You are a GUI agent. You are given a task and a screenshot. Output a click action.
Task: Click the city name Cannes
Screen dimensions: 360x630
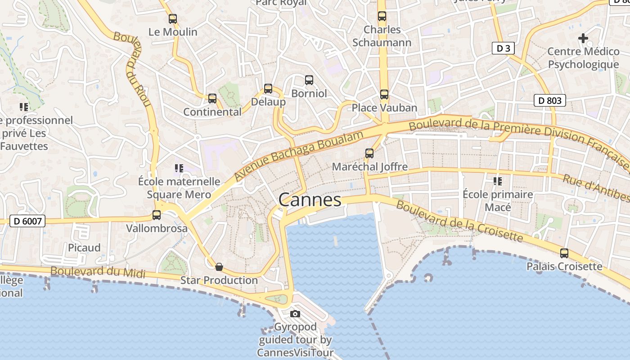coord(310,200)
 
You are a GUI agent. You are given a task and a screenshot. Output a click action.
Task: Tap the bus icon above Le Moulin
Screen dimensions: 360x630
coord(173,19)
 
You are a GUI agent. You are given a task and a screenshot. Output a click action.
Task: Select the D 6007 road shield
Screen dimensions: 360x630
coord(27,221)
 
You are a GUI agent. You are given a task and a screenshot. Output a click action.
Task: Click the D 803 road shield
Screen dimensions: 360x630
coord(549,100)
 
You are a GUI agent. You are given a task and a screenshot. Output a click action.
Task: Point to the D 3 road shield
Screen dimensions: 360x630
coord(503,48)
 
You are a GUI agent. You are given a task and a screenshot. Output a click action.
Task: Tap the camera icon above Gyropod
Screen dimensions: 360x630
coord(295,314)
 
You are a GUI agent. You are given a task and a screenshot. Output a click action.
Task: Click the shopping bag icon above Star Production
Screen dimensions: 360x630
coord(219,267)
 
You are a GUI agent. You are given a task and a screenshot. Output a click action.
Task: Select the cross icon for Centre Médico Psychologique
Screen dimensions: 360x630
coord(583,38)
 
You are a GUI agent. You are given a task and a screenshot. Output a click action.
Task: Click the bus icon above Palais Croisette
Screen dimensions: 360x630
coord(564,253)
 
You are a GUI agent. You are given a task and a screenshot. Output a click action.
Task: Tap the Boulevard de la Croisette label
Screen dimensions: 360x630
coord(459,221)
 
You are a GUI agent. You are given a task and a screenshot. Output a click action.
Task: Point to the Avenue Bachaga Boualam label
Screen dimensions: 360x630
coord(299,156)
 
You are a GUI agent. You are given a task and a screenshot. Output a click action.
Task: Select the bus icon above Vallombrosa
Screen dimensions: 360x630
coord(157,215)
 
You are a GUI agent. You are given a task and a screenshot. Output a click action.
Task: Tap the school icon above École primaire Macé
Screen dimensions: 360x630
coord(498,181)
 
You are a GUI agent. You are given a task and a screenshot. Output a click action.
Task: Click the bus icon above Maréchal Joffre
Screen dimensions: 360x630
coord(369,153)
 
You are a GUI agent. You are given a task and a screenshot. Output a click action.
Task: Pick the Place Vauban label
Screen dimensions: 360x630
coord(384,108)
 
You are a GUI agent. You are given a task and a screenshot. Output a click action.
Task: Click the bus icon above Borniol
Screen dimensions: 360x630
coord(309,80)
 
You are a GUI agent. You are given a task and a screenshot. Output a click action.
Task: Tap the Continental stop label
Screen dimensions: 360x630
coord(212,112)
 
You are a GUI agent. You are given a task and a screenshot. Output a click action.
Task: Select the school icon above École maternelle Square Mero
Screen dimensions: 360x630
coord(179,168)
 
